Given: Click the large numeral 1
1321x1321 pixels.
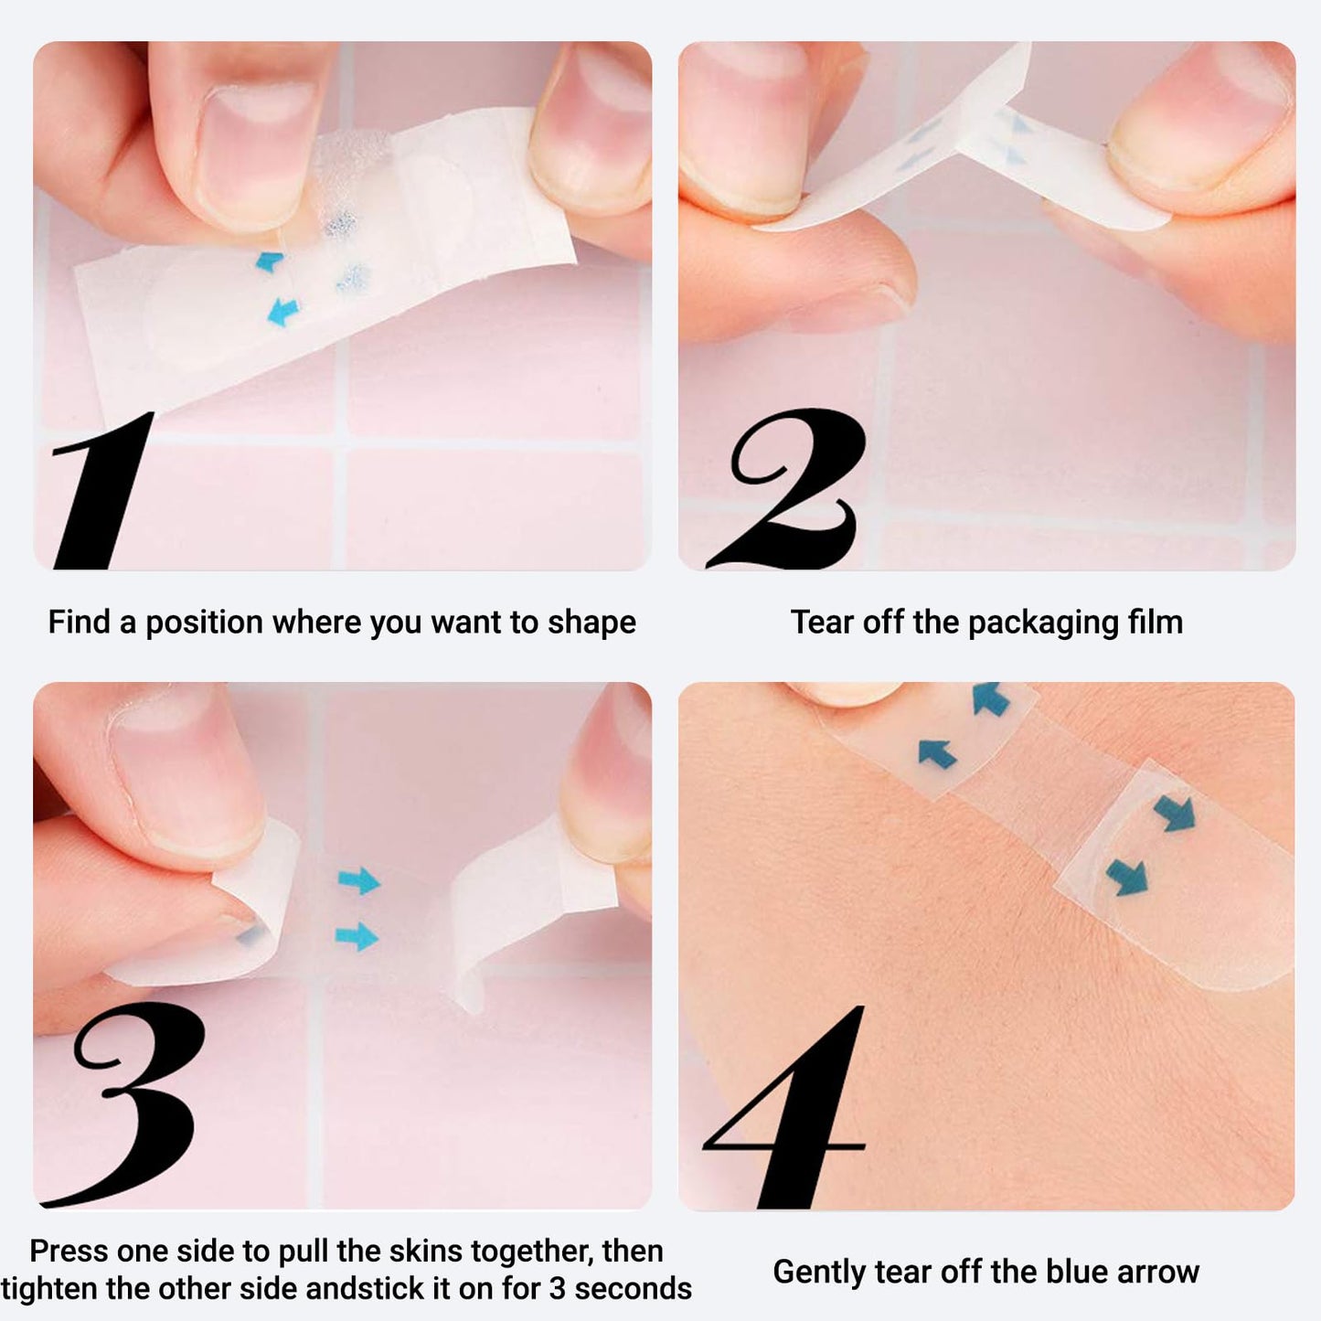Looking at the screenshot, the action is click(102, 490).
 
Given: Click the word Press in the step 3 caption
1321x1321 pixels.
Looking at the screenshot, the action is click(69, 1252).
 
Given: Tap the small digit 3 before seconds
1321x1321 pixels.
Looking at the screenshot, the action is click(558, 1289).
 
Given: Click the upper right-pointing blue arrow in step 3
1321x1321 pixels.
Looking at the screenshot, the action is click(359, 880).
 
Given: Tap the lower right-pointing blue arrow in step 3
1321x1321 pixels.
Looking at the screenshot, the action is click(357, 936).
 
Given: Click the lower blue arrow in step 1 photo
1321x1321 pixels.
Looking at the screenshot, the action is click(282, 312).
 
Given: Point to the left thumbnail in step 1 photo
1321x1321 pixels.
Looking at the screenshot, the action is click(257, 157).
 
